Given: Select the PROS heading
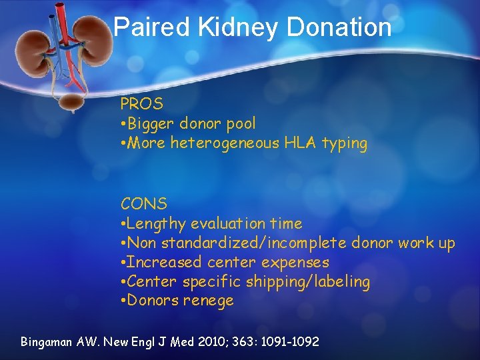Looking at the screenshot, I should [x=141, y=104].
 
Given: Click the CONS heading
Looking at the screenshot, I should [x=143, y=203].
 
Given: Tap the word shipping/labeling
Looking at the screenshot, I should [x=308, y=282].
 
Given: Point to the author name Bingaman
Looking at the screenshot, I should [x=47, y=342].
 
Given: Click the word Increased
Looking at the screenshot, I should [x=164, y=263].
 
